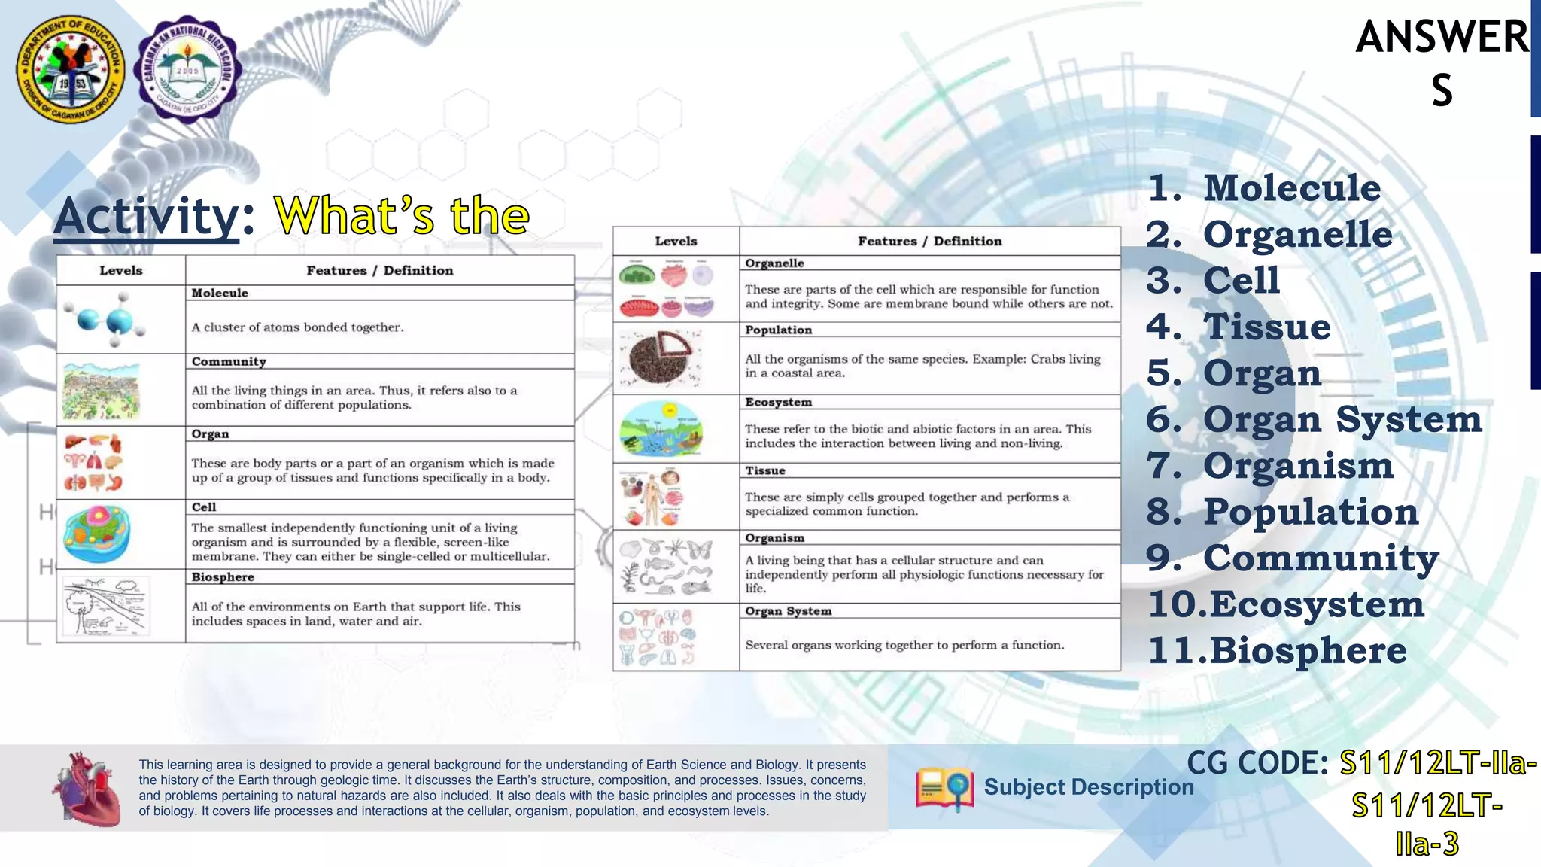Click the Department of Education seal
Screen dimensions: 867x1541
click(x=71, y=69)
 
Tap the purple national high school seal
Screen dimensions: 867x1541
click(x=187, y=69)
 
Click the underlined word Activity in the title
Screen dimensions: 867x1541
click(x=146, y=216)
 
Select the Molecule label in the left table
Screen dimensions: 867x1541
click(x=220, y=293)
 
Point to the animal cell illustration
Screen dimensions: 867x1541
click(x=97, y=534)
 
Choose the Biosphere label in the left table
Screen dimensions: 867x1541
click(x=223, y=577)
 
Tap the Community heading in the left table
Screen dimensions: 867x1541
click(x=229, y=361)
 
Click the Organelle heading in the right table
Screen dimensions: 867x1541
click(x=774, y=263)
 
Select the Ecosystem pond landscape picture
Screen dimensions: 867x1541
click(x=661, y=429)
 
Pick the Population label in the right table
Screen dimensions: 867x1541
click(x=778, y=330)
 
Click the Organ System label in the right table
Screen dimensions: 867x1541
click(x=788, y=611)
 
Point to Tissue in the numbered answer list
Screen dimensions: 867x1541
click(x=1266, y=327)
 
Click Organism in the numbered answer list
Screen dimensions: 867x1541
click(x=1298, y=465)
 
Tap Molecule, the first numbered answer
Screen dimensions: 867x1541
click(x=1292, y=187)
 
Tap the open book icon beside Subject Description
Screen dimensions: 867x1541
click(x=944, y=789)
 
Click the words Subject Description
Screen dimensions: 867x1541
click(x=1088, y=787)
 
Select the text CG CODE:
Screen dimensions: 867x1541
click(x=1257, y=763)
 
